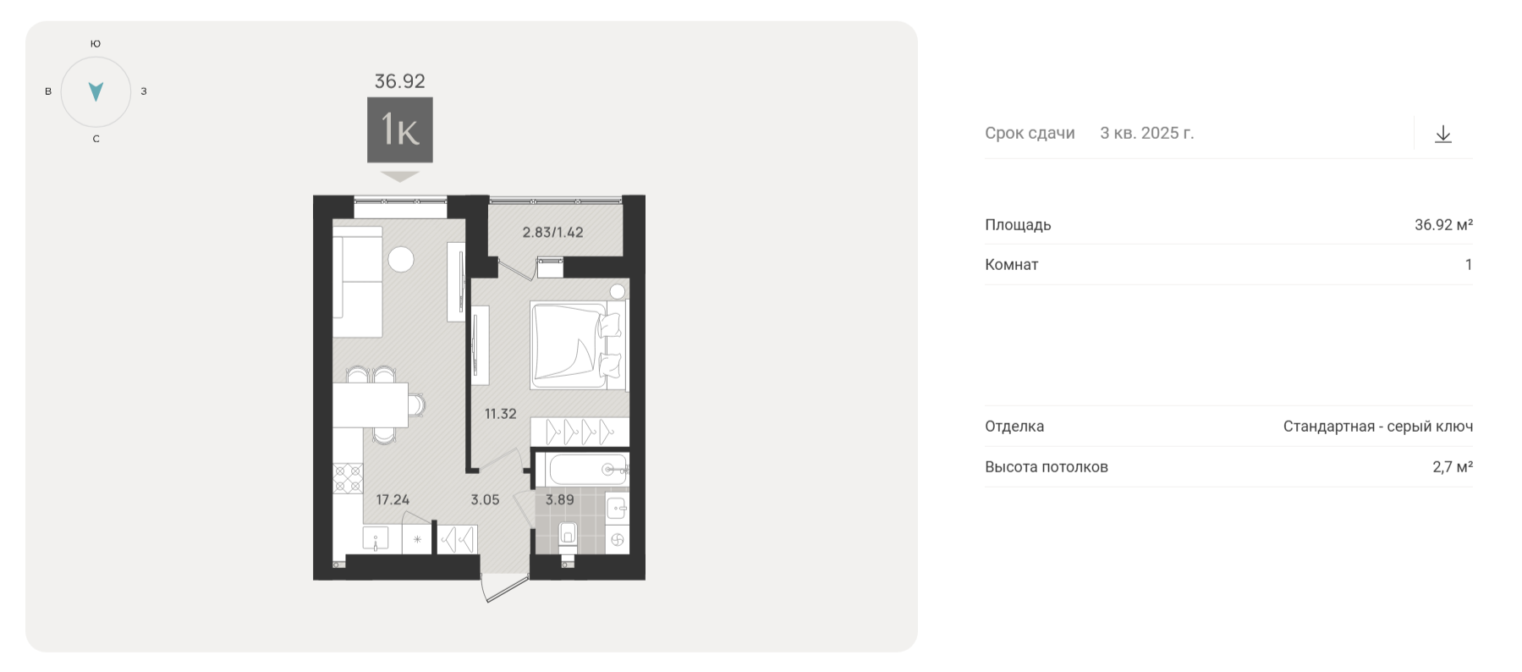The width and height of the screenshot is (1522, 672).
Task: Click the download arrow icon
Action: (x=1443, y=134)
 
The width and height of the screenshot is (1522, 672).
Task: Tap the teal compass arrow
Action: (x=96, y=91)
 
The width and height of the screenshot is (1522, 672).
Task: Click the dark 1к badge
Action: (x=399, y=129)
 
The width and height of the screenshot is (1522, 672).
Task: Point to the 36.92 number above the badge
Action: (x=400, y=81)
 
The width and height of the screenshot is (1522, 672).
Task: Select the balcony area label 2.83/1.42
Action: (x=552, y=232)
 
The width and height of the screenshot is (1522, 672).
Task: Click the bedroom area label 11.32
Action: (x=500, y=414)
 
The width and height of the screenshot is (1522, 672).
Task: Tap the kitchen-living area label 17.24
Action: (x=393, y=499)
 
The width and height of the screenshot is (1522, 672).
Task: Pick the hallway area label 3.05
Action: (x=485, y=499)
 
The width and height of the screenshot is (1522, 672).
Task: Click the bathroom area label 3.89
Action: (x=559, y=499)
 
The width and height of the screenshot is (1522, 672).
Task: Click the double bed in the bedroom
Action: (x=579, y=345)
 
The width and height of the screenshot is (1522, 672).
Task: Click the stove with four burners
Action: (x=348, y=478)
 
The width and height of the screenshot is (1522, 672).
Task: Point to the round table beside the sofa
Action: (x=401, y=259)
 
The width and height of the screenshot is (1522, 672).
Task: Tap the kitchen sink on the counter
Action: (x=375, y=539)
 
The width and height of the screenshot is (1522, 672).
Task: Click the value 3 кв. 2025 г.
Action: (x=1147, y=133)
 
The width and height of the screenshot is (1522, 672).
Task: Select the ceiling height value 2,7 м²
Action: (x=1453, y=466)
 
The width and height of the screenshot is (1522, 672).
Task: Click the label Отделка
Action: (x=1014, y=427)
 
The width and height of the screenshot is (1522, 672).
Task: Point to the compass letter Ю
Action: (x=96, y=43)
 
